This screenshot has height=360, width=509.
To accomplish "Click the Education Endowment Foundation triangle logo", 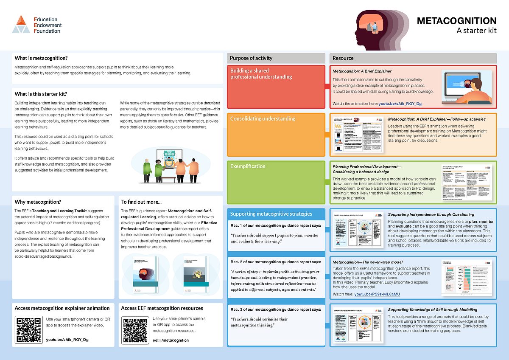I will (21, 25).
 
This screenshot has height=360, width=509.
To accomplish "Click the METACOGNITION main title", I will (456, 21).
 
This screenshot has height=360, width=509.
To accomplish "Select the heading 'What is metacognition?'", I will (41, 58).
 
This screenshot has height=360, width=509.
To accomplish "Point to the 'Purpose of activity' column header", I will (251, 58).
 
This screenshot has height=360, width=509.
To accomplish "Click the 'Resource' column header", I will (343, 58).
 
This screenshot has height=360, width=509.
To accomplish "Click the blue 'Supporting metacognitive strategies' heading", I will (271, 214).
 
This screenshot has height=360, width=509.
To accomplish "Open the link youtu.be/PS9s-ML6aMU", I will (377, 294).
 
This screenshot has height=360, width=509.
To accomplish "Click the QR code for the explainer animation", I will (28, 329).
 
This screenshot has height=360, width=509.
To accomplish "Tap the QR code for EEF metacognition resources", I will (134, 329).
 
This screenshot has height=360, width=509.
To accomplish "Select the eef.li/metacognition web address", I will (171, 340).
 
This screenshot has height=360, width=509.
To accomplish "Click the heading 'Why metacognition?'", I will (38, 202).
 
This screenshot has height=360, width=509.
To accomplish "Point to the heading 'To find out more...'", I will (141, 202).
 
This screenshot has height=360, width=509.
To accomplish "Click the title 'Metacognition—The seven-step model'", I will (367, 262).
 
